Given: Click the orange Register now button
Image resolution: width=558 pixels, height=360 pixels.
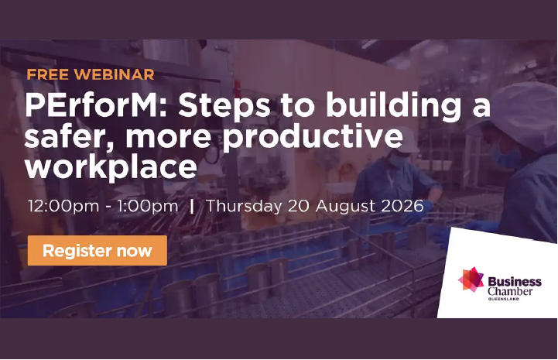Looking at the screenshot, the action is (x=98, y=250).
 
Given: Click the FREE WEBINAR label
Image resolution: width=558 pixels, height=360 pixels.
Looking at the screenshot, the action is (x=91, y=74).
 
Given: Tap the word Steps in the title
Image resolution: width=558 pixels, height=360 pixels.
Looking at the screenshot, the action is (x=224, y=106).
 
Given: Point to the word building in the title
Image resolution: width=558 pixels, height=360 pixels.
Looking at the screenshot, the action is (x=394, y=106).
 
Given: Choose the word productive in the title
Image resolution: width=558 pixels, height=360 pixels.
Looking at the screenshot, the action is (x=313, y=138).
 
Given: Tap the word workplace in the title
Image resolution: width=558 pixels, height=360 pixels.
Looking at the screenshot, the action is (x=111, y=167).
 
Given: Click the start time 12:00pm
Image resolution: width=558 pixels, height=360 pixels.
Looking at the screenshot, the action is (x=63, y=207).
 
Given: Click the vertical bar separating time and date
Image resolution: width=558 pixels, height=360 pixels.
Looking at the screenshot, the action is (x=192, y=207).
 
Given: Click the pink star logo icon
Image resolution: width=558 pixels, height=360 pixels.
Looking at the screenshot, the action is (x=471, y=279).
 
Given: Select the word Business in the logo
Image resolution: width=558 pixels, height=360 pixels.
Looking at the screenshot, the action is (x=515, y=282).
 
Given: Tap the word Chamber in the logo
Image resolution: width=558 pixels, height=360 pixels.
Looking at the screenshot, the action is (x=510, y=291).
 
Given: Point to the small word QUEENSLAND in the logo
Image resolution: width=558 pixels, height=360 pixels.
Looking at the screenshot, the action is (x=503, y=299).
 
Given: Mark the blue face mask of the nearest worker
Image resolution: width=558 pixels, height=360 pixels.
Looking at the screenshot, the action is (x=505, y=156).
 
